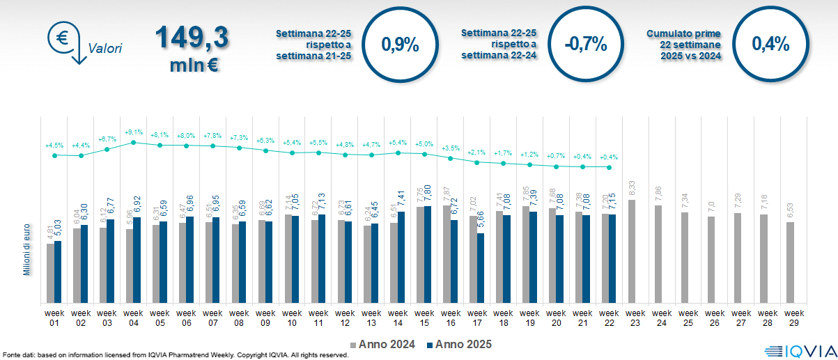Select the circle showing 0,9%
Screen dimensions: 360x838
[x=400, y=45]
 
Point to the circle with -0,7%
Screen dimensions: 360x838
[x=585, y=45]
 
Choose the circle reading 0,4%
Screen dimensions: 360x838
[x=770, y=45]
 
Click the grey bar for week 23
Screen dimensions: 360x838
[x=632, y=251]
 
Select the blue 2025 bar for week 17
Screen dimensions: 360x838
[x=481, y=268]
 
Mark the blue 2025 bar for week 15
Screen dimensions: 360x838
[x=428, y=254]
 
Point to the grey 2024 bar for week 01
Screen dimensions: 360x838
[x=50, y=273]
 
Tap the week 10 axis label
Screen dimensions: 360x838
[x=292, y=318]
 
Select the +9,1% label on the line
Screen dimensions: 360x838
[x=134, y=132]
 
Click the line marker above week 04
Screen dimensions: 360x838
[x=134, y=142]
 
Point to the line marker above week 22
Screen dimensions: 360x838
[x=610, y=167]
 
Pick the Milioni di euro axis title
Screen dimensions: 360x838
[x=26, y=250]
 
